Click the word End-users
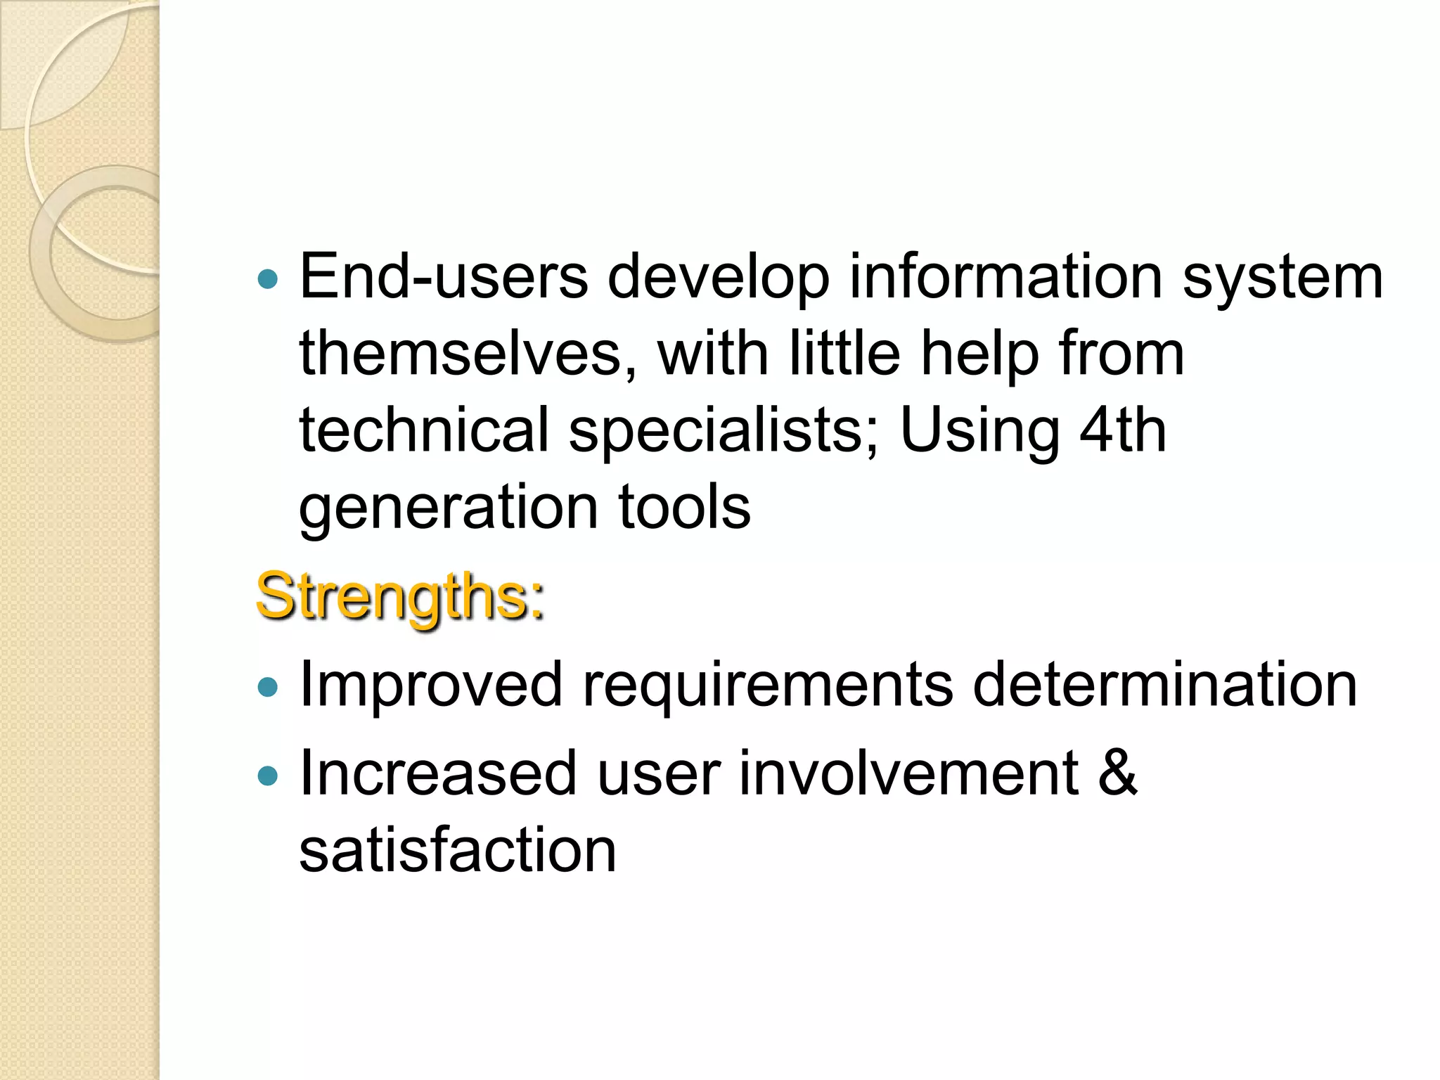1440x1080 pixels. coord(444,276)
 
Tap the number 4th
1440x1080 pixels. coord(1123,430)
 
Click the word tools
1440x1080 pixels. coord(685,507)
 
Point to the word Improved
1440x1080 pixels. coord(431,686)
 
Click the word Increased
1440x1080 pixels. coord(438,773)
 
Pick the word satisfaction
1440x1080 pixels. coord(458,851)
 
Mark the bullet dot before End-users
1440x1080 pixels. coord(268,280)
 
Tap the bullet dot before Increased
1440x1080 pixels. coord(268,776)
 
